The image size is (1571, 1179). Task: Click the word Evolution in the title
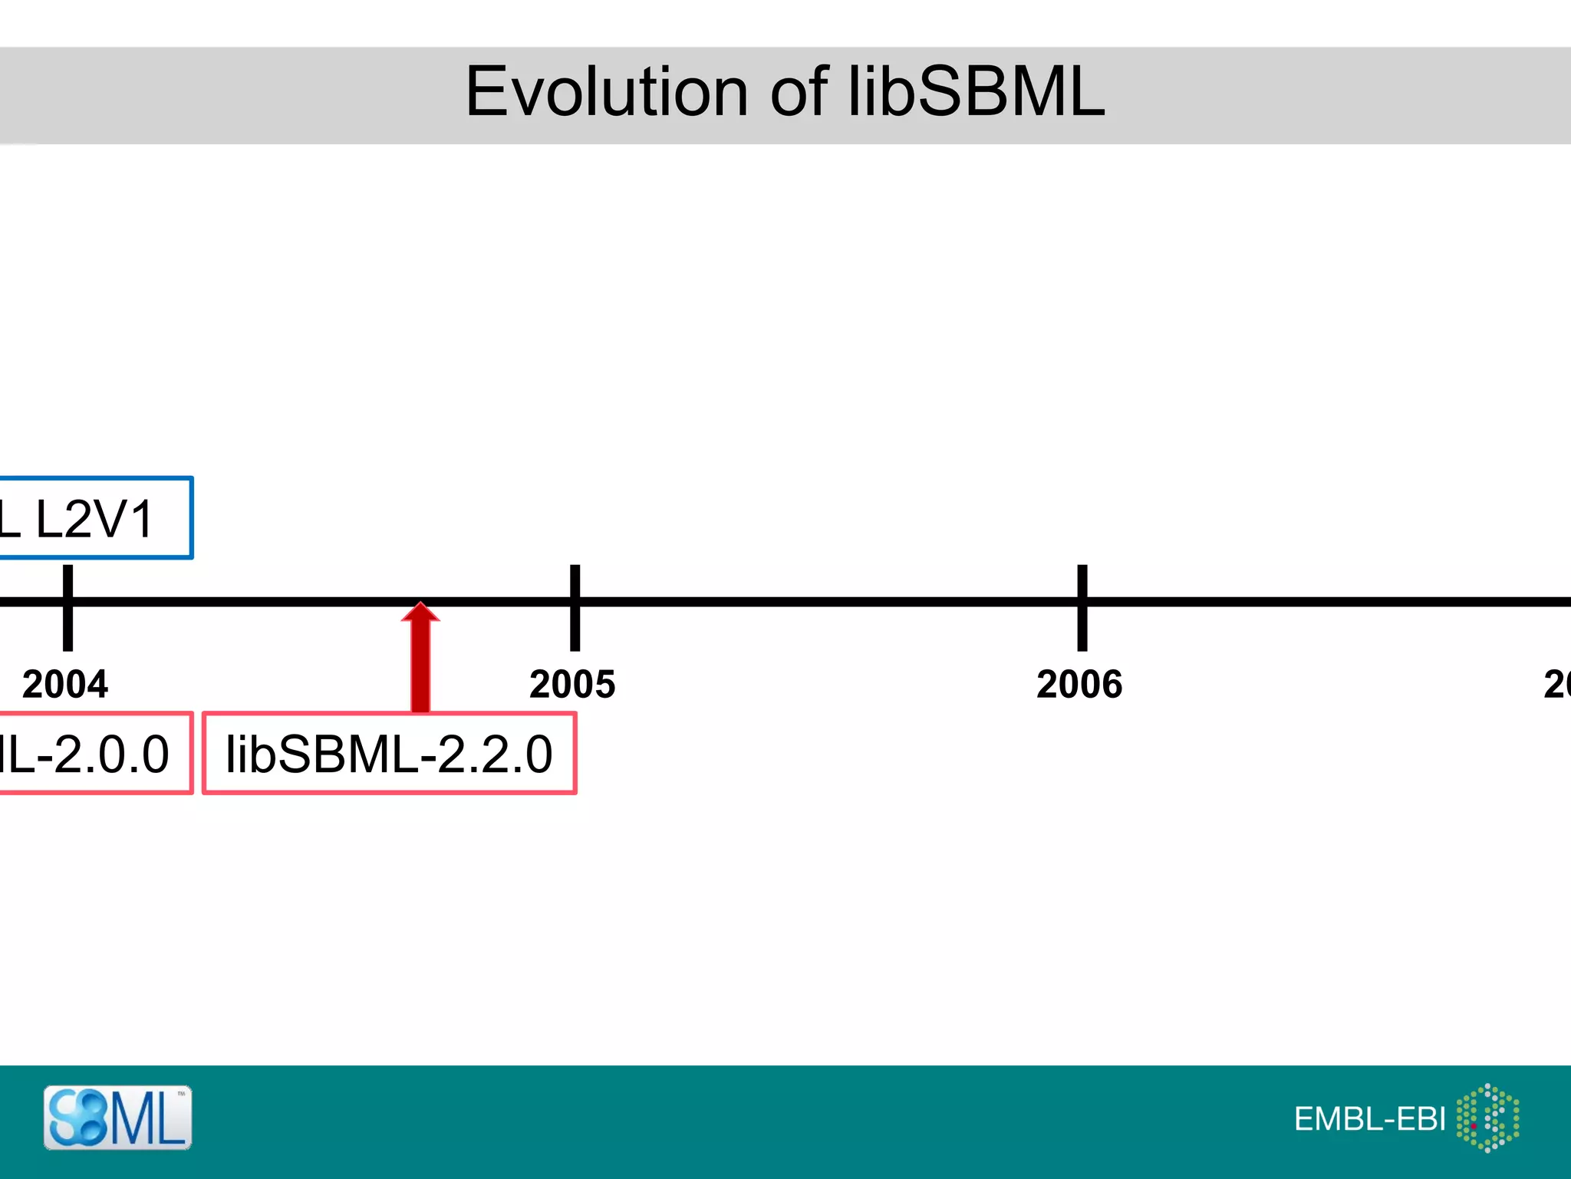pyautogui.click(x=606, y=92)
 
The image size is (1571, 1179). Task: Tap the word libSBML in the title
pyautogui.click(x=976, y=92)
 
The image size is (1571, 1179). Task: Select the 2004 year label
pyautogui.click(x=65, y=684)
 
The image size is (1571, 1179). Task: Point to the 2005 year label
pyautogui.click(x=572, y=684)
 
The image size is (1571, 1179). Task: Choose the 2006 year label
pyautogui.click(x=1079, y=684)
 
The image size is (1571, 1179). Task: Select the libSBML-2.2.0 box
pyautogui.click(x=389, y=753)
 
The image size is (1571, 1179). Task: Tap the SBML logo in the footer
pyautogui.click(x=117, y=1118)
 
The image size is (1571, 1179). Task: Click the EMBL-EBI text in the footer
pyautogui.click(x=1369, y=1119)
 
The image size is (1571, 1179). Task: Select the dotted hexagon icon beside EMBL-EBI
pyautogui.click(x=1487, y=1118)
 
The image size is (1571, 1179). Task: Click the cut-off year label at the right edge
pyautogui.click(x=1557, y=684)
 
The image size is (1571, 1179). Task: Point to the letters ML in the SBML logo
pyautogui.click(x=150, y=1119)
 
